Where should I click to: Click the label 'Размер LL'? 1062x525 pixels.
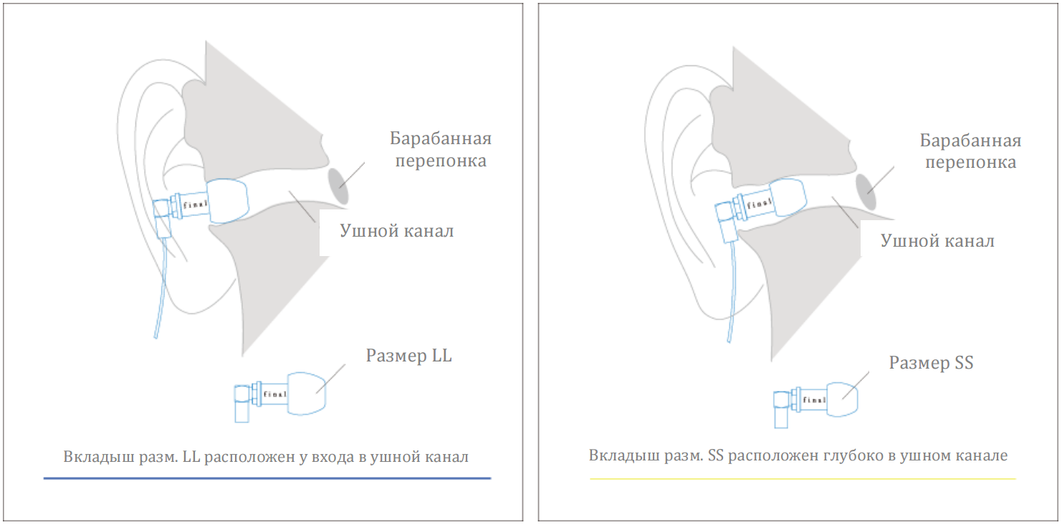408,356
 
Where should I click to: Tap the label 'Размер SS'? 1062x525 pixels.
931,363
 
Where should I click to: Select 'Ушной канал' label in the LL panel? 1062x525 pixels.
397,231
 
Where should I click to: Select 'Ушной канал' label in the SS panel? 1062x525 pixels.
937,241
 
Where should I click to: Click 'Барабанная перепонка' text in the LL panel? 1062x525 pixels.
441,149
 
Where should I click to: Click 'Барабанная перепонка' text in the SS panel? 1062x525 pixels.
970,151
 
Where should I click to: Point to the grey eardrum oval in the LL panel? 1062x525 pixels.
338,186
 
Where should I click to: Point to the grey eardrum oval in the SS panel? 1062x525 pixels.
866,191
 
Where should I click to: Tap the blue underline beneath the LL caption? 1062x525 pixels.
267,478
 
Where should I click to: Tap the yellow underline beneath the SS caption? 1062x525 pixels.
803,479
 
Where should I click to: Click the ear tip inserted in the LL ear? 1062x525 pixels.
228,201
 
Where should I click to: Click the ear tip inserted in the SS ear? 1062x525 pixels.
788,197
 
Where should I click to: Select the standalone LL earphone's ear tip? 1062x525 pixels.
307,394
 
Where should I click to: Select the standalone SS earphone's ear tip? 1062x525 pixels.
843,399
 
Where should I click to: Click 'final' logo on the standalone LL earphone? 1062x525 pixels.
275,394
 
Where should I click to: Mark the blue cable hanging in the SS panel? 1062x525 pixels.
732,292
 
